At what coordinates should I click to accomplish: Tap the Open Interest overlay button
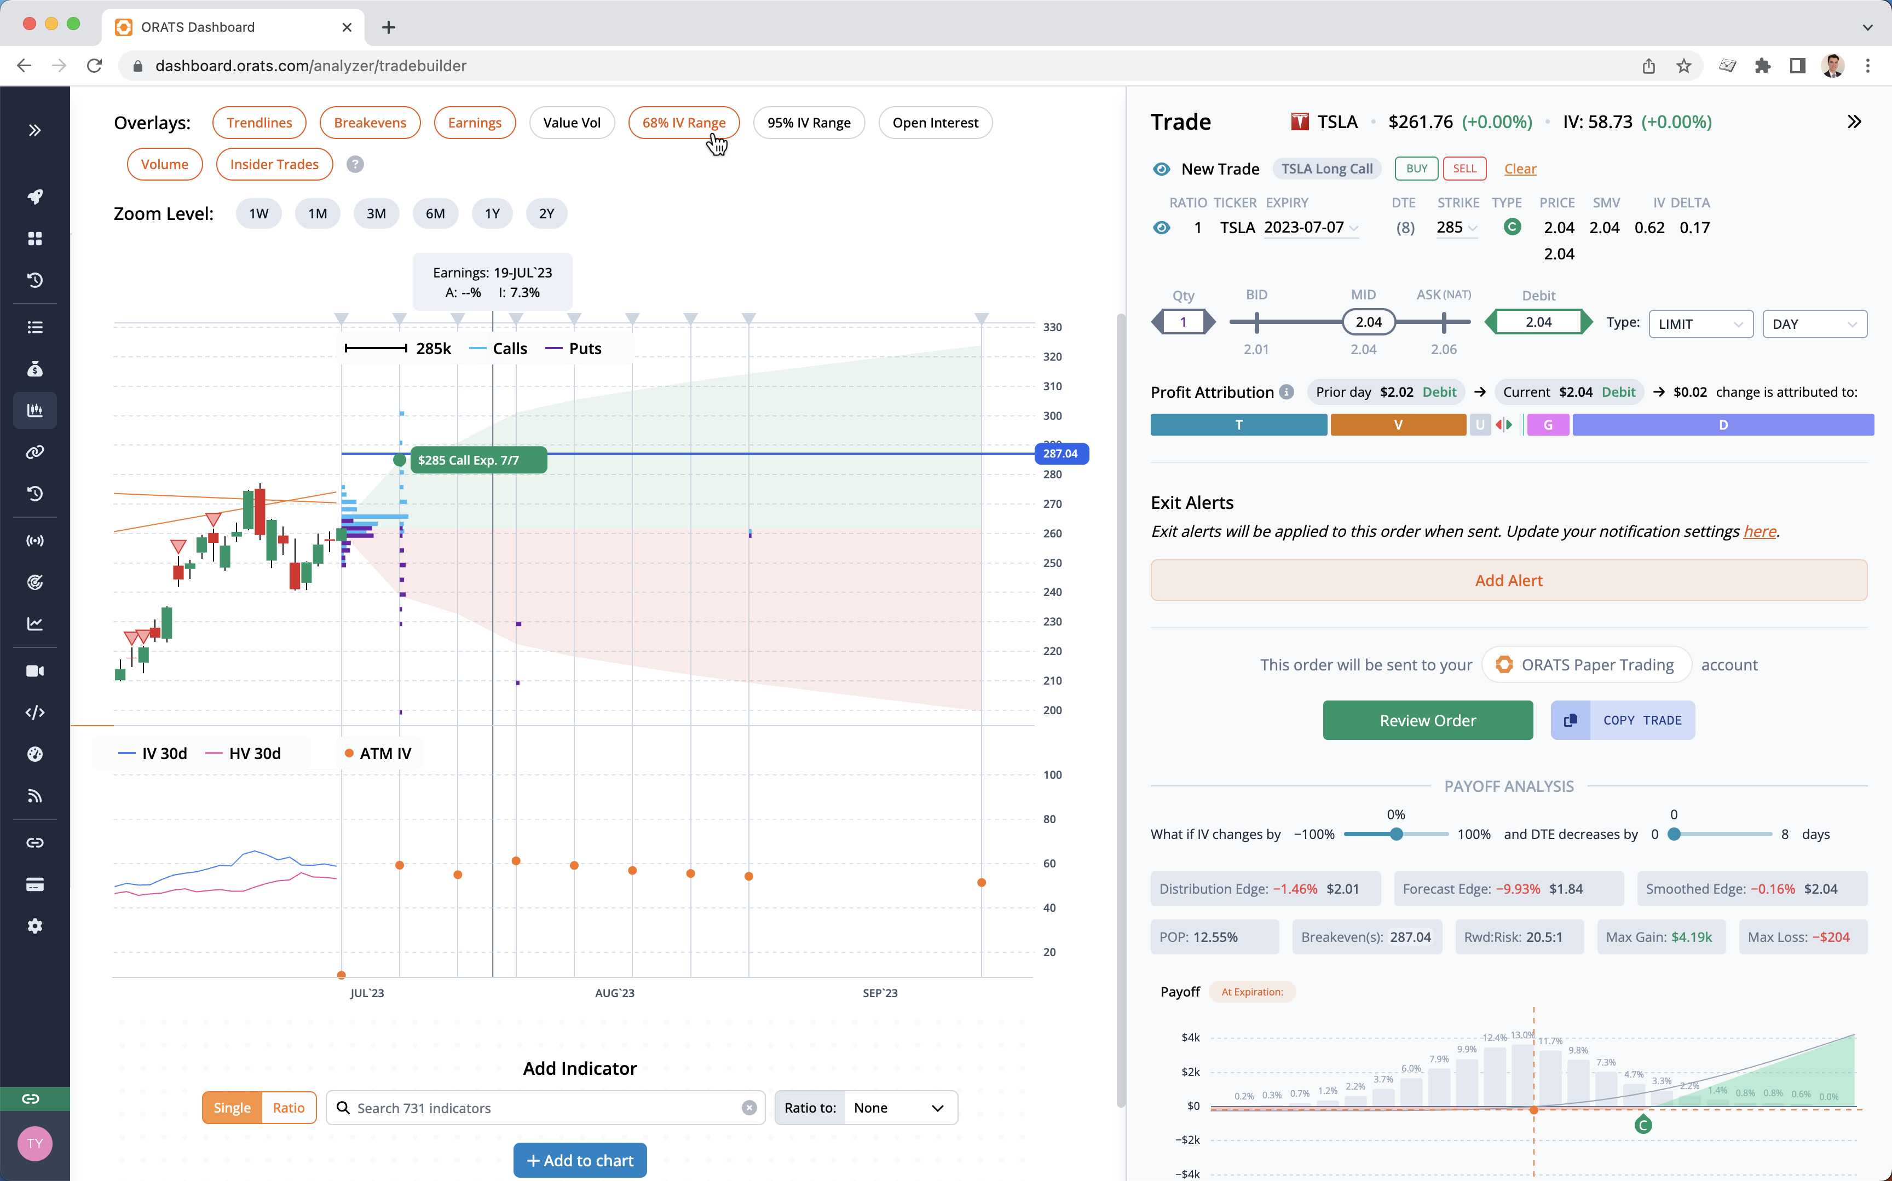pos(935,123)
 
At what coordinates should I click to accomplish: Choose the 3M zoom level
pos(376,213)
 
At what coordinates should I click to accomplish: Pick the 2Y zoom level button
pos(546,213)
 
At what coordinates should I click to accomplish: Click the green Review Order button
pos(1427,720)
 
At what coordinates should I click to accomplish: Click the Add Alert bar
pos(1508,580)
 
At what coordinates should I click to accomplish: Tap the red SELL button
pos(1464,169)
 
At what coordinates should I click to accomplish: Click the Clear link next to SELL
pos(1519,169)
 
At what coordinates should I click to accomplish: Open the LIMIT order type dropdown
pos(1700,324)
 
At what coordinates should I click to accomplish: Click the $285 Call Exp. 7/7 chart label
pos(469,460)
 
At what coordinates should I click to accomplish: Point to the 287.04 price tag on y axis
pos(1060,454)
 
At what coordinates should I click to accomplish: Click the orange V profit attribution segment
pos(1398,425)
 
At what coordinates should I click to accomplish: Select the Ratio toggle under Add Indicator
pos(289,1108)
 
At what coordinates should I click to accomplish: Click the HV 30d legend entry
pos(245,753)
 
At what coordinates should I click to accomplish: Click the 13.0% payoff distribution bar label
pos(1522,1034)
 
